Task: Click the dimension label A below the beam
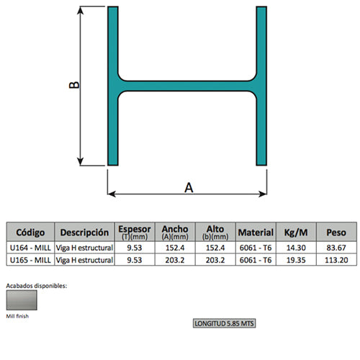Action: point(189,187)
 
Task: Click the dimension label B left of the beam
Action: point(73,85)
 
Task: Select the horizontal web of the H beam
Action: point(186,86)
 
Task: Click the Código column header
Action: point(30,233)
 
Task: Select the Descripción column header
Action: point(84,233)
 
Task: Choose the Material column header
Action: point(256,233)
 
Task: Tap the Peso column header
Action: point(336,233)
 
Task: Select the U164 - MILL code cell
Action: point(30,248)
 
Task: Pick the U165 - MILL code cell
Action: point(30,259)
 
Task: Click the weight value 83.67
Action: point(336,248)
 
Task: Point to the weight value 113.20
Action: point(336,259)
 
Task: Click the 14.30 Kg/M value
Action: point(296,248)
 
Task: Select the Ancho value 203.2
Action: point(175,259)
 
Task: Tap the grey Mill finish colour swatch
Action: point(22,300)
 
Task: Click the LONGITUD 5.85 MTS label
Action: point(225,323)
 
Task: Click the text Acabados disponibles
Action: point(37,285)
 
